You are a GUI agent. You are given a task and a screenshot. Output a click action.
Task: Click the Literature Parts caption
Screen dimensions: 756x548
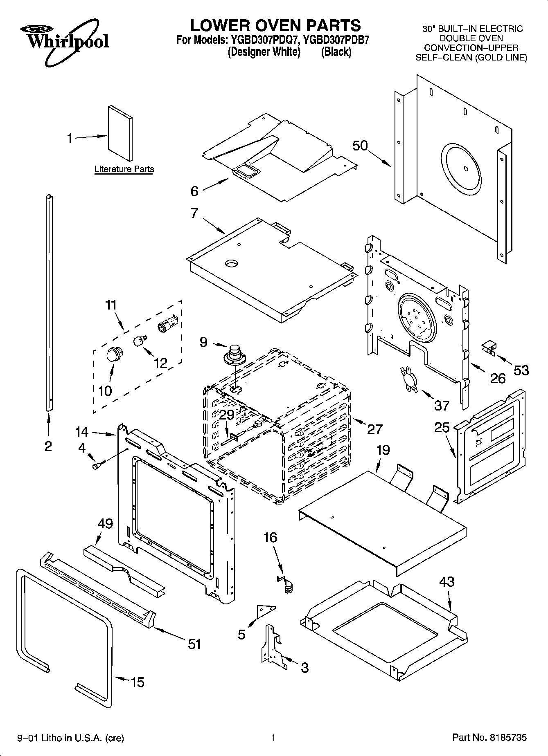(124, 169)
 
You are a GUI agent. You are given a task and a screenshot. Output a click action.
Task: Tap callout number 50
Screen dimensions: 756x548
(360, 146)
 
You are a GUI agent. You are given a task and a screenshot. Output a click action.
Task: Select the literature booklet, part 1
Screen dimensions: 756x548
(120, 133)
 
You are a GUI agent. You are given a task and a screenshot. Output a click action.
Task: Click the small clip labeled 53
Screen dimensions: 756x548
(489, 348)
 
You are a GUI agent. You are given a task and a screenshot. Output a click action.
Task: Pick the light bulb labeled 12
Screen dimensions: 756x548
(141, 340)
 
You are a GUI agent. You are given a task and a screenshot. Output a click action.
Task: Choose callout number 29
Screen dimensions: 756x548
(227, 415)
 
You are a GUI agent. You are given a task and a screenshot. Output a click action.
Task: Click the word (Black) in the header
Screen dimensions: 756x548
(336, 52)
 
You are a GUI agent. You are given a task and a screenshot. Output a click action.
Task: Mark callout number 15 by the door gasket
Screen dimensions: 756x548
(138, 682)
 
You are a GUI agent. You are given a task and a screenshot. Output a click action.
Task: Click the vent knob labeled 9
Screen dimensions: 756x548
(234, 354)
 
